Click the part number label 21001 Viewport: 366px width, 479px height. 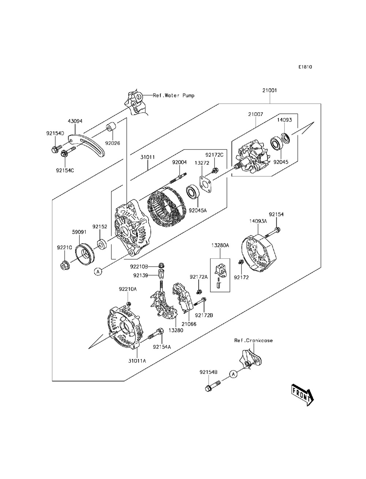pyautogui.click(x=269, y=90)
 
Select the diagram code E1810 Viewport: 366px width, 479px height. pyautogui.click(x=305, y=67)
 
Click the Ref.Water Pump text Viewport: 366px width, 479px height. pyautogui.click(x=173, y=96)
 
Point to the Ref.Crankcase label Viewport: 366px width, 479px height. pyautogui.click(x=253, y=340)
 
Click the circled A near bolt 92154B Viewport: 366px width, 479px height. pyautogui.click(x=233, y=374)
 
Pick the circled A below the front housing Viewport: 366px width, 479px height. pyautogui.click(x=98, y=272)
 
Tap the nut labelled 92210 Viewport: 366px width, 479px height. pyautogui.click(x=65, y=265)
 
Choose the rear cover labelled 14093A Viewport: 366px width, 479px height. pyautogui.click(x=259, y=253)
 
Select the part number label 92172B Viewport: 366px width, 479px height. pyautogui.click(x=204, y=315)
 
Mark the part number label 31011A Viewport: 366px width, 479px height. pyautogui.click(x=137, y=361)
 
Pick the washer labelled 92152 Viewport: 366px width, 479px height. pyautogui.click(x=102, y=244)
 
